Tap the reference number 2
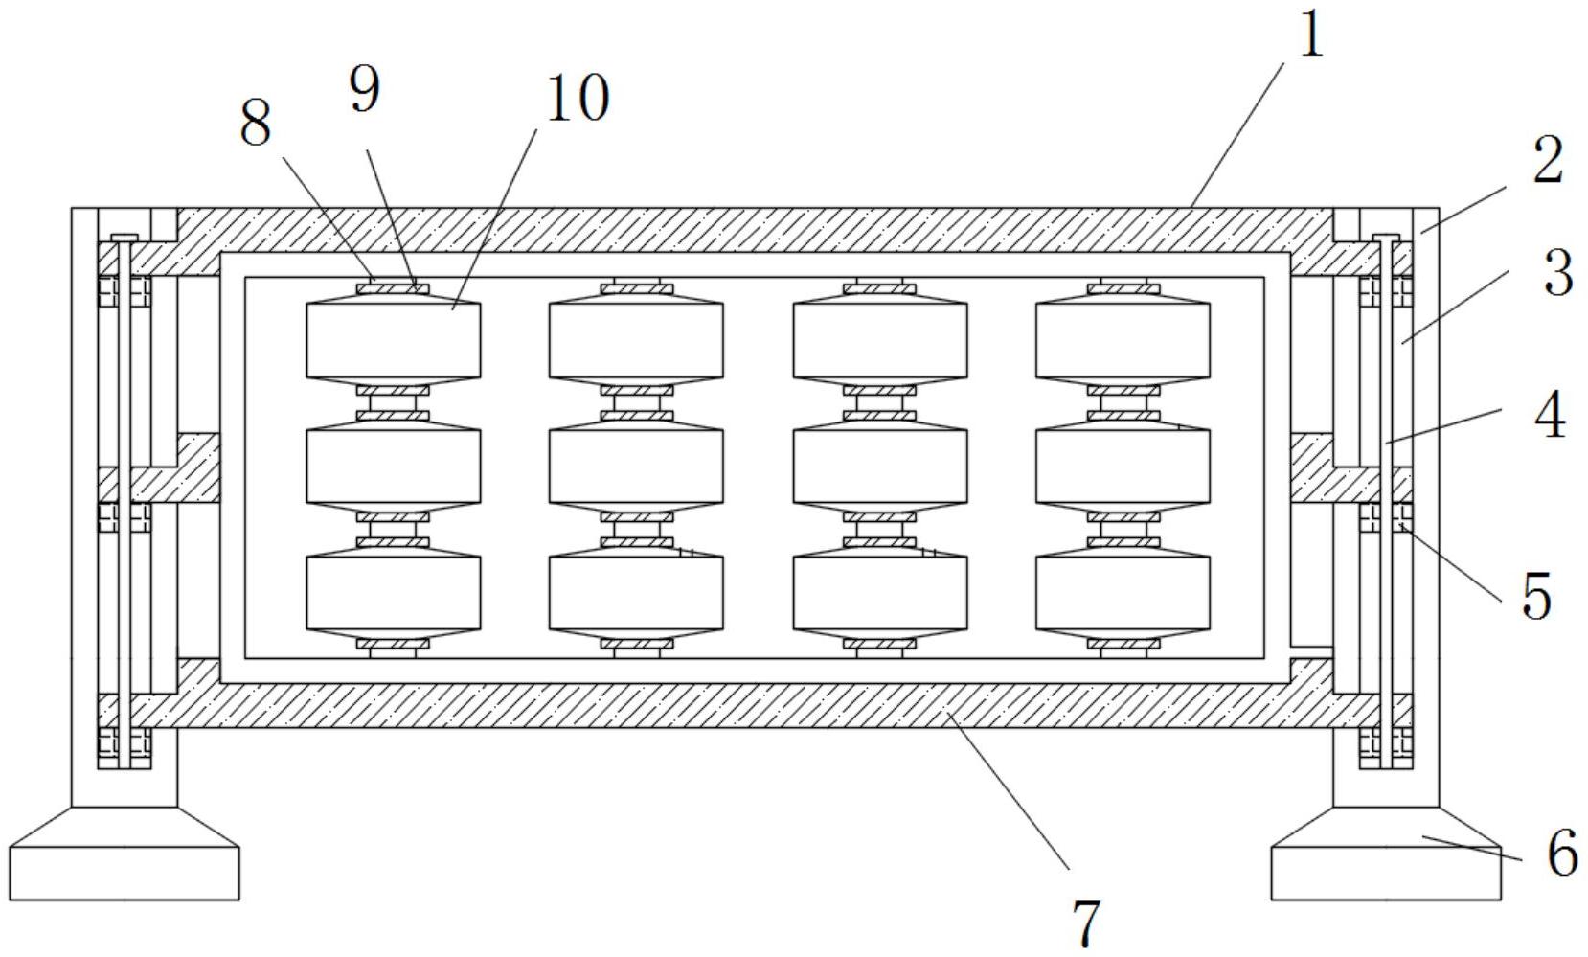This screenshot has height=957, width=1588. (1547, 160)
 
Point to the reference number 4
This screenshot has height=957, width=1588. (1550, 417)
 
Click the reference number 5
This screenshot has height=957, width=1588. (1536, 595)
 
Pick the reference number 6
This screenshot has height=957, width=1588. (1562, 853)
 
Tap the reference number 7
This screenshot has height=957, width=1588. (1087, 923)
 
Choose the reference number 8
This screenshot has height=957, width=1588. (255, 124)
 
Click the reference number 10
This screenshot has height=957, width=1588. (576, 99)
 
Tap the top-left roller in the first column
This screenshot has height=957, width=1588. (393, 340)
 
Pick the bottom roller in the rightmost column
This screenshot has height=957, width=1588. (1123, 593)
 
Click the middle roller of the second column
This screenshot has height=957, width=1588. (636, 467)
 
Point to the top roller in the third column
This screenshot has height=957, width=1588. (879, 340)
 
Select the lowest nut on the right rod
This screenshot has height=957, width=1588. (1386, 741)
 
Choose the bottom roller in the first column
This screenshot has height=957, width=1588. (393, 593)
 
